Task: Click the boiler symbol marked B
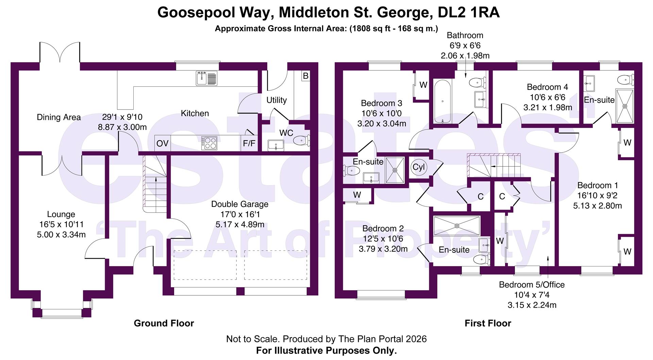click(305, 76)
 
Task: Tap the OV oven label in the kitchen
click(162, 143)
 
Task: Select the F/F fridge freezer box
click(249, 143)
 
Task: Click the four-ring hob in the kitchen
click(209, 143)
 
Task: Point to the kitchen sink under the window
click(206, 79)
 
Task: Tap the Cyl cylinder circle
click(418, 167)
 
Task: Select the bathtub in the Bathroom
click(442, 101)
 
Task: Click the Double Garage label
click(240, 204)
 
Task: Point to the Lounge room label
click(61, 214)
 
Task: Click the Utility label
click(276, 100)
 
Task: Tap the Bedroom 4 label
click(547, 87)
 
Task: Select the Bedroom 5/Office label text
click(532, 285)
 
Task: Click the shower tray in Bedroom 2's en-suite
click(457, 225)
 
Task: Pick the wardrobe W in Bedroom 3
click(423, 85)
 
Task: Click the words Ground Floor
click(164, 323)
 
